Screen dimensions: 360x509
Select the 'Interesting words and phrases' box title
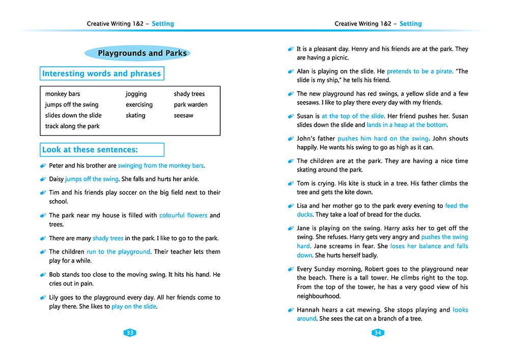101,74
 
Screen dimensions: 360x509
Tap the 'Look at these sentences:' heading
90,150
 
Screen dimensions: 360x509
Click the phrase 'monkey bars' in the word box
63,94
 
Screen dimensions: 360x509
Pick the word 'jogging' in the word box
136,94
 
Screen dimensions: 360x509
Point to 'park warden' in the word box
190,105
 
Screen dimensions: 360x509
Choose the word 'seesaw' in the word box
184,116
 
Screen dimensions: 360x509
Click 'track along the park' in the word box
72,126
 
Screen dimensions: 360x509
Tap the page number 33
130,333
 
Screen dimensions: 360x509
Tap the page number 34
378,333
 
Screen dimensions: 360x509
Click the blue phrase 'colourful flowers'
183,215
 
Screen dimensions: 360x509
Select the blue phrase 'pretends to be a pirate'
419,71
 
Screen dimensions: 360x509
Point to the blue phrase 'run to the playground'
119,252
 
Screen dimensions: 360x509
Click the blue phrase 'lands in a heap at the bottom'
407,125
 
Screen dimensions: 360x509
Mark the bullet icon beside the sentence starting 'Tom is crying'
291,184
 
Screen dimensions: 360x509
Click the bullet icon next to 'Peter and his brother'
43,166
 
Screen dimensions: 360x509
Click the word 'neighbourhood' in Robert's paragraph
319,296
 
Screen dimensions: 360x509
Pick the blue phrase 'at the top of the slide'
353,116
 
